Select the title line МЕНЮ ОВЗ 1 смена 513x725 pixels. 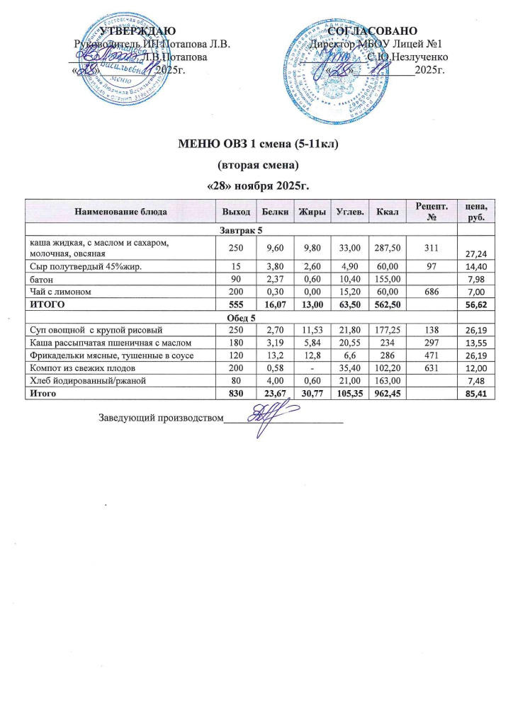pyautogui.click(x=256, y=147)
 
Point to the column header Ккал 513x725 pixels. pyautogui.click(x=387, y=211)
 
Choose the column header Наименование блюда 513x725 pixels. pyautogui.click(x=119, y=211)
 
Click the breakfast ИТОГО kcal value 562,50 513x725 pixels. pyautogui.click(x=387, y=304)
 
